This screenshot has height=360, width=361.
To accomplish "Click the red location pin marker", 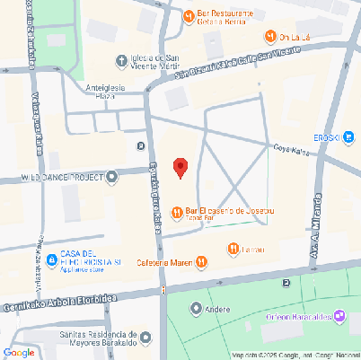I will (180, 168).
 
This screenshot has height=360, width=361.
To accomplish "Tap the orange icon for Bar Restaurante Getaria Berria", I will (189, 16).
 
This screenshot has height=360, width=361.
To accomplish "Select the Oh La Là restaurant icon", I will (270, 36).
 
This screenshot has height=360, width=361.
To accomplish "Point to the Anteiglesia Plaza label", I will (116, 91).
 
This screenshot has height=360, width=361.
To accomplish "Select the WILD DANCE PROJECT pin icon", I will (112, 177).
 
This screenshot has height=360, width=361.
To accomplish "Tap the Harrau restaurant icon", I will (233, 249).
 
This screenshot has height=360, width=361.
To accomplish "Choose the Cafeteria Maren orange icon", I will (202, 262).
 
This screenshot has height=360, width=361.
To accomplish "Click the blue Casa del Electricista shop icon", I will (52, 260).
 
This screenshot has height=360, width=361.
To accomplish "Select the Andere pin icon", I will (197, 309).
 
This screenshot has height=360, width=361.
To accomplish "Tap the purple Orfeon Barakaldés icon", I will (339, 315).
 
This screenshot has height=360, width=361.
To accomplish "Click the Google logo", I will (19, 352).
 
